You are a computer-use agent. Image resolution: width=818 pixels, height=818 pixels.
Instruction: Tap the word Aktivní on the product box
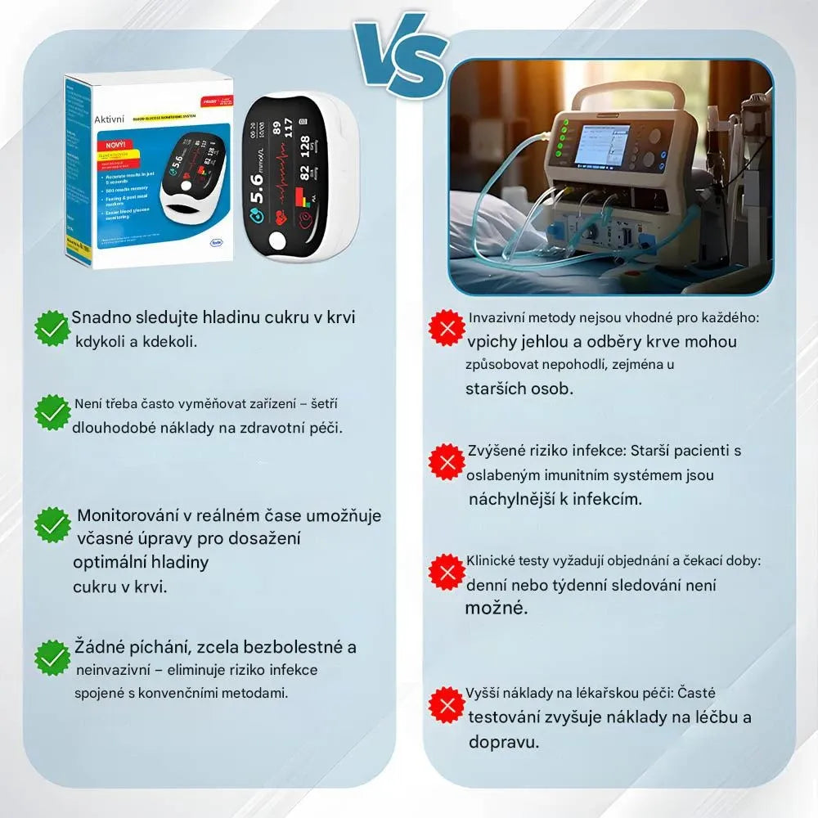tap(109, 119)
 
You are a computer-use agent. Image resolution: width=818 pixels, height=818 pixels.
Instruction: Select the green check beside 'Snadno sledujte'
tap(52, 327)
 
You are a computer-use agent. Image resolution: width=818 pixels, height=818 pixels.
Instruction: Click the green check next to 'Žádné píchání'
tap(52, 658)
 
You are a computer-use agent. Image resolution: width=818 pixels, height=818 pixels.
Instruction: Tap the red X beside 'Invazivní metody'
tap(447, 329)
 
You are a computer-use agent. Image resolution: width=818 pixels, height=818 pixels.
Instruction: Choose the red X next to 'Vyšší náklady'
tap(447, 704)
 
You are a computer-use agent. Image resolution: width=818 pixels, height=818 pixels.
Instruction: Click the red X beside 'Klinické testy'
tap(447, 572)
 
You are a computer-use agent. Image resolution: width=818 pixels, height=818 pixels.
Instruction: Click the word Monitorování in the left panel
tap(127, 516)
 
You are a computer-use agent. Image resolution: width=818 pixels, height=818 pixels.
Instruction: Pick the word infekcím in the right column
tap(600, 498)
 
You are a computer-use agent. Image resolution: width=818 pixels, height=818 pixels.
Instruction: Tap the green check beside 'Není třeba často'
tap(52, 412)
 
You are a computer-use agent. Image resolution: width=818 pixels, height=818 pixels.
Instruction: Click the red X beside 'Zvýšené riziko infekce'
tap(447, 462)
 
